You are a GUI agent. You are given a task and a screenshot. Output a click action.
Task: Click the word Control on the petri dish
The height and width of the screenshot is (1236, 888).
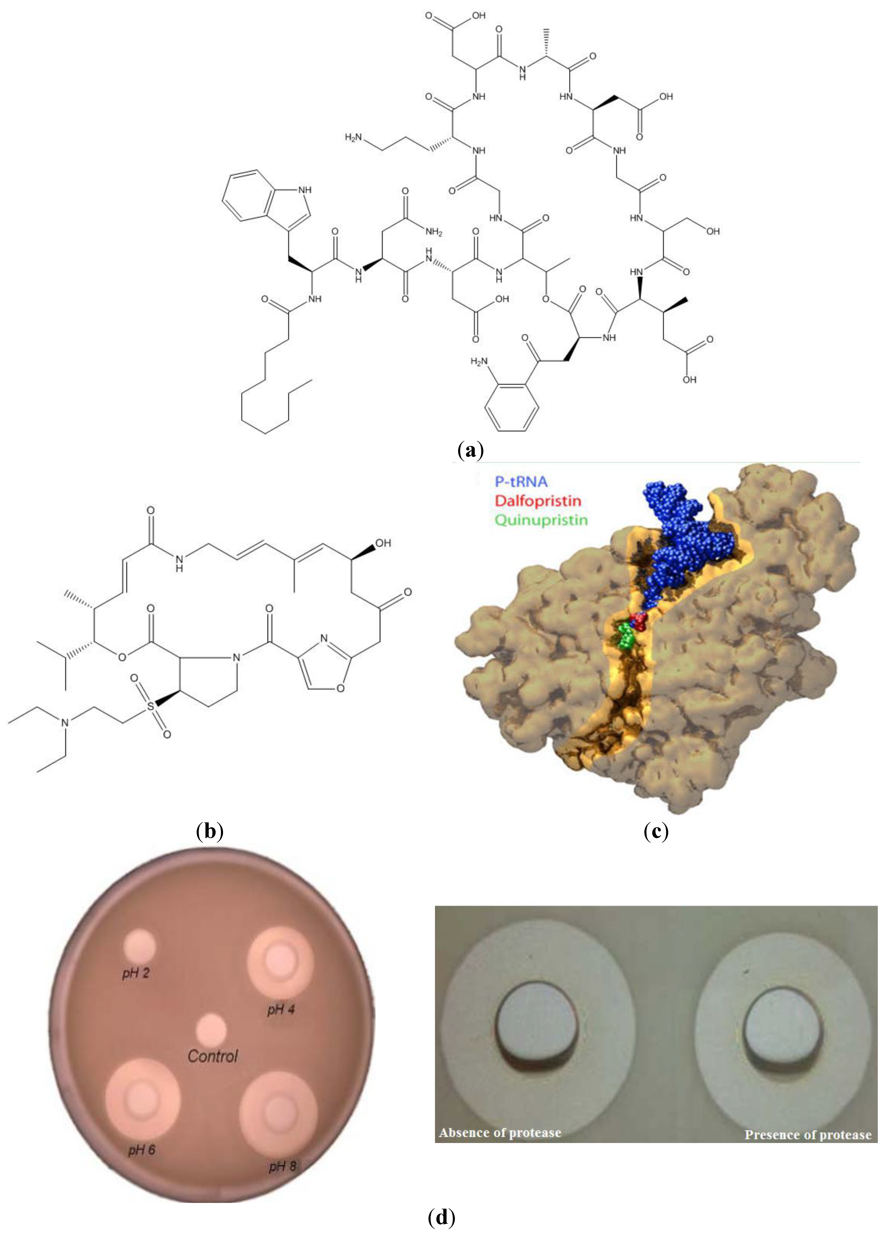point(213,1056)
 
